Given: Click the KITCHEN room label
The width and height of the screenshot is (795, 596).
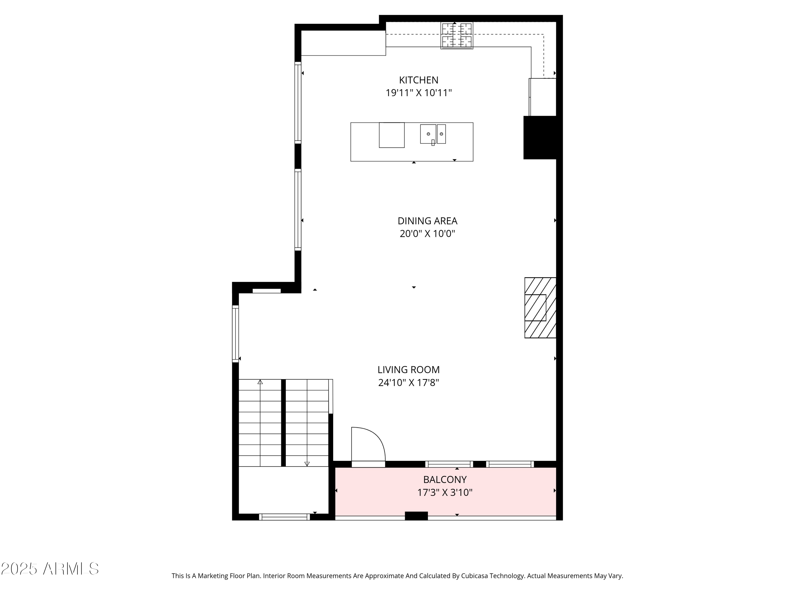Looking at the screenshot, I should tap(418, 80).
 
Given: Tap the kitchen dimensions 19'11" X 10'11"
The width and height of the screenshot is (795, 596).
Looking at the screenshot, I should tap(418, 93).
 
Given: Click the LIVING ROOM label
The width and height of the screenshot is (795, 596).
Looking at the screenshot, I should tap(408, 370).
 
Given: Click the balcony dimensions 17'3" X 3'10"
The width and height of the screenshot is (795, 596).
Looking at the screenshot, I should tap(445, 492).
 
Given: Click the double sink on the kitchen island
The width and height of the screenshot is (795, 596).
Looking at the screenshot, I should tap(433, 134).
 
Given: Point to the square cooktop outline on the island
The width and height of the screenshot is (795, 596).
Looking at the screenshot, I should tap(391, 135).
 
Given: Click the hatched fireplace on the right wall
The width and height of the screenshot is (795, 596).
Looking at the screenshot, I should tap(540, 308).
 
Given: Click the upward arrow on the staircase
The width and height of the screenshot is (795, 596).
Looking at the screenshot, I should tap(260, 382).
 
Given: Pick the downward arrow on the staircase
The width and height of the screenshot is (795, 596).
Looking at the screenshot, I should tap(307, 464).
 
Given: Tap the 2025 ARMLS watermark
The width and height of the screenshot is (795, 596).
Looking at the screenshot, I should tap(50, 569).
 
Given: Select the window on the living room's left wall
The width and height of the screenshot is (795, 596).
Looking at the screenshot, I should tap(235, 334).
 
